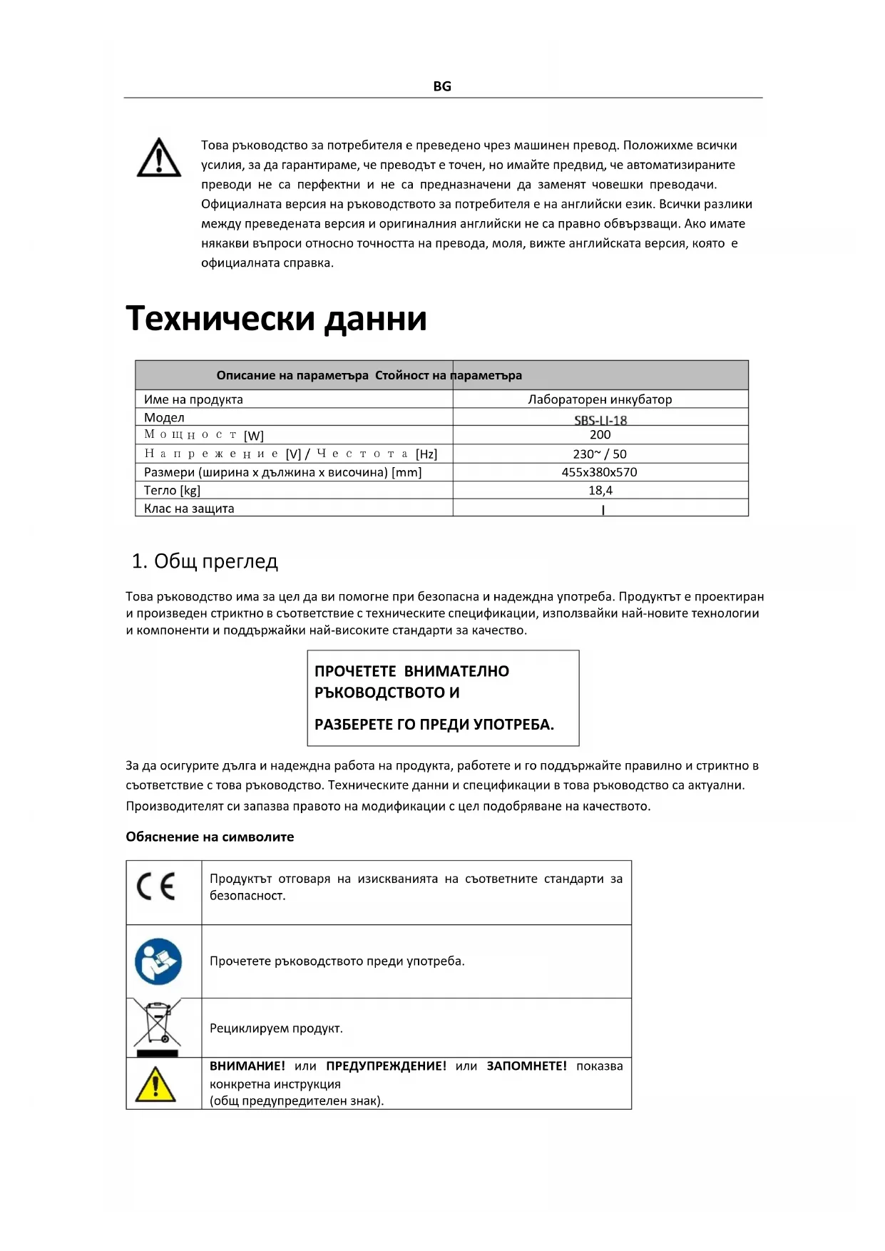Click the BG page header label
(x=442, y=86)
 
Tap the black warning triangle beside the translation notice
(x=158, y=158)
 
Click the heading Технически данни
(x=276, y=318)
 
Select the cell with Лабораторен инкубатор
(x=600, y=399)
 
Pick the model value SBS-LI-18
(x=600, y=420)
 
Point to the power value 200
(x=600, y=435)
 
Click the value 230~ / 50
(x=600, y=454)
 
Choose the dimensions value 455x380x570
(x=599, y=472)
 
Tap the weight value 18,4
(x=600, y=491)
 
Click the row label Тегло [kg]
(x=172, y=491)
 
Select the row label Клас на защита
(x=189, y=509)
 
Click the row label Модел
(x=164, y=418)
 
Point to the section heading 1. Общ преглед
(x=205, y=561)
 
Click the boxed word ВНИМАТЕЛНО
(x=456, y=671)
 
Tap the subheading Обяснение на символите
(x=210, y=837)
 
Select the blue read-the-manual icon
(x=158, y=961)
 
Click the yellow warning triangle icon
(x=155, y=1084)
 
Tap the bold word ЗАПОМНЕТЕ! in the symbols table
(x=526, y=1066)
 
